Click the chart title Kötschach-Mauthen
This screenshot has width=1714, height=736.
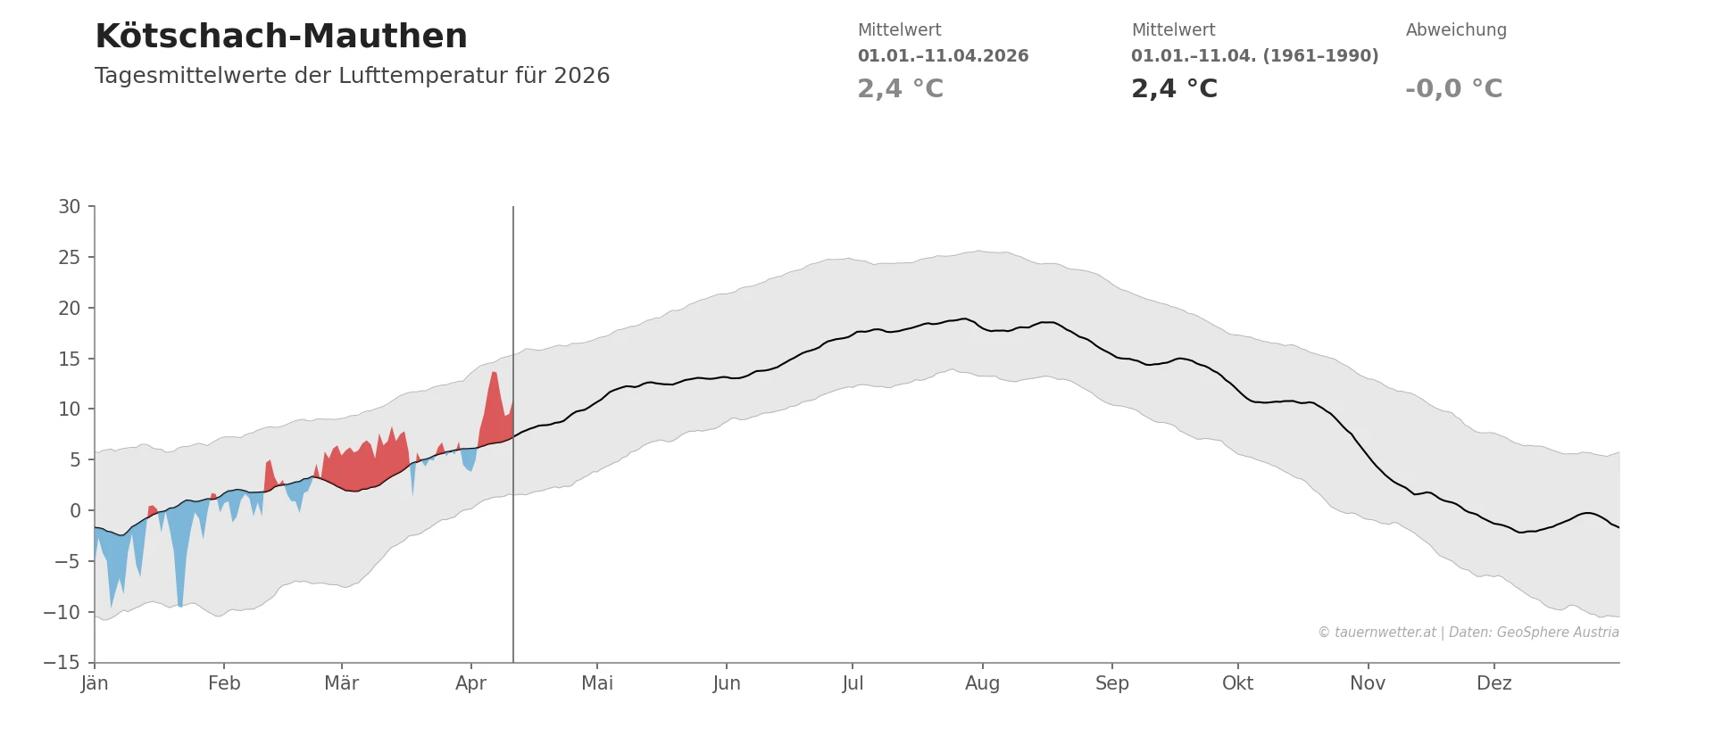click(281, 37)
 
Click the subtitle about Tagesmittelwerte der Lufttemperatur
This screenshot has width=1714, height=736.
click(352, 76)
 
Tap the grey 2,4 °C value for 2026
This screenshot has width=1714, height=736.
click(900, 89)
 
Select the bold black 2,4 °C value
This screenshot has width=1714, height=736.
click(1174, 89)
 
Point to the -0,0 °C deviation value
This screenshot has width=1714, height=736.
click(1453, 89)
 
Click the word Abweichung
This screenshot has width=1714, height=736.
click(1456, 30)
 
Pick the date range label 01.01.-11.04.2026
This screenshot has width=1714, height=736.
click(943, 56)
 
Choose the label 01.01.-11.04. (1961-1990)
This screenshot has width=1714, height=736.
click(1254, 56)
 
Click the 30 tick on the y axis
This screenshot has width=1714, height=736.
click(70, 207)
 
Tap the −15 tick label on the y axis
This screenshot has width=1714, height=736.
click(62, 663)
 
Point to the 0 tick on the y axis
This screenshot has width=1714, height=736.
click(75, 511)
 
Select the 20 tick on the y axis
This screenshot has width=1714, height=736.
click(70, 309)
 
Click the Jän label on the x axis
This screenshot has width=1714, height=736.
click(95, 683)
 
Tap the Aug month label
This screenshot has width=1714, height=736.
click(982, 683)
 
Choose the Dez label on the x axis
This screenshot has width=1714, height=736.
click(1494, 683)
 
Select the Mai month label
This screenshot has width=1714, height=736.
click(597, 683)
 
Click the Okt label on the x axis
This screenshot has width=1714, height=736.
click(1237, 683)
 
